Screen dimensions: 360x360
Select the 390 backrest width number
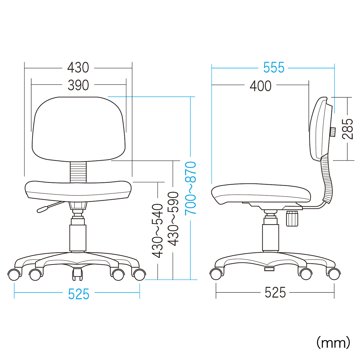[78, 85]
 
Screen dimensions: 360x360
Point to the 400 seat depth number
[260, 86]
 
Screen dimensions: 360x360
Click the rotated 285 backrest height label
[347, 129]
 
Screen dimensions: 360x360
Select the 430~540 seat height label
[157, 231]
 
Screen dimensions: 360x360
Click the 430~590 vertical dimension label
[173, 219]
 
